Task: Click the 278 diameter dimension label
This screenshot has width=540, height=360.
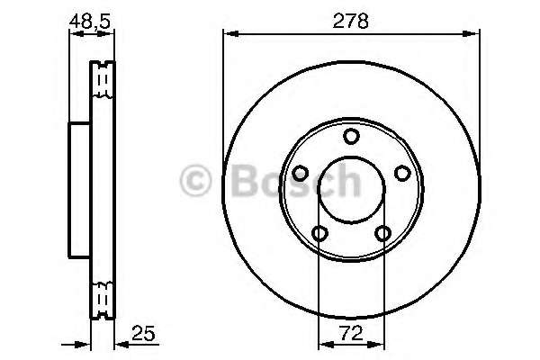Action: click(x=351, y=20)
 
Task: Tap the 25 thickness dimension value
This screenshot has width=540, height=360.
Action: click(x=143, y=332)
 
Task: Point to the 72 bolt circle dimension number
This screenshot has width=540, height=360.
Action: click(x=352, y=332)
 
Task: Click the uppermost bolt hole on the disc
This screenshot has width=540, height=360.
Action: click(x=352, y=136)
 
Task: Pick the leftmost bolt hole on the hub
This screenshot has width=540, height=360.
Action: click(x=301, y=174)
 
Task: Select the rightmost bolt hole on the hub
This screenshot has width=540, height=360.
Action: click(x=403, y=174)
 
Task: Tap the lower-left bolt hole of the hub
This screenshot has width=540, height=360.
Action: click(x=319, y=234)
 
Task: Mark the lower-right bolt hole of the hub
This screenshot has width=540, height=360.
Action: click(x=384, y=234)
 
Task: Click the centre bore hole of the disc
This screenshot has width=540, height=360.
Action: click(x=352, y=190)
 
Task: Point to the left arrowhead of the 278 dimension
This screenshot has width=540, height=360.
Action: click(x=229, y=34)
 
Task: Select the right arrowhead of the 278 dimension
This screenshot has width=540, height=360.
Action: click(x=475, y=34)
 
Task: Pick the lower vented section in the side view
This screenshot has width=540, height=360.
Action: click(x=103, y=296)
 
